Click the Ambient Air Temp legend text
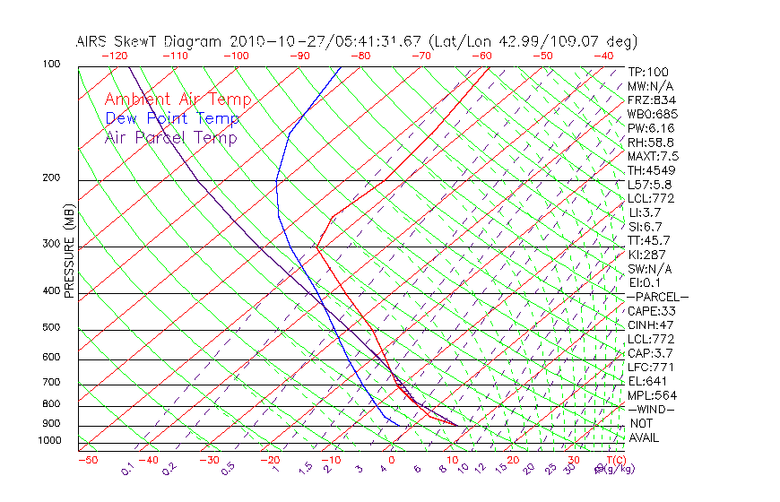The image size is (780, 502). pos(178,100)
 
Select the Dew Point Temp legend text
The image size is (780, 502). pos(172,118)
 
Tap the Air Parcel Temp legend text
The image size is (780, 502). pos(170,137)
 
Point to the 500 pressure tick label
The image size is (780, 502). pos(51,327)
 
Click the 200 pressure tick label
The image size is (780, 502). pos(51,177)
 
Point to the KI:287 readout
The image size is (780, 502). pos(648,255)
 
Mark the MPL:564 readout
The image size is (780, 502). pos(652,395)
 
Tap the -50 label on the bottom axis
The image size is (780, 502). pos(87,460)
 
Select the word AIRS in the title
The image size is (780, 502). pos(93,41)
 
